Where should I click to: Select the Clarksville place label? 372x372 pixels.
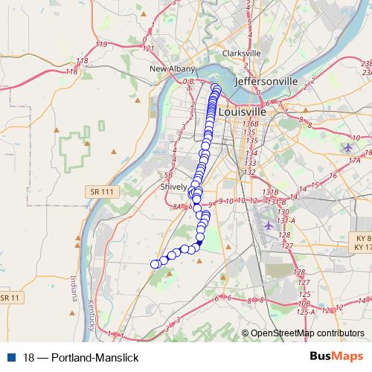[x=241, y=54]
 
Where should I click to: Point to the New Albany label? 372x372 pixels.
[x=173, y=68]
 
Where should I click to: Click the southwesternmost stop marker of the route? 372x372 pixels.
[x=155, y=264]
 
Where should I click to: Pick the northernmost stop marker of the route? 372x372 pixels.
[x=216, y=88]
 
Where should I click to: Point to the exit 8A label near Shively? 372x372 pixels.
[x=176, y=208]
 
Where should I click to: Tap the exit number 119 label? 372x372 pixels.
[x=101, y=45]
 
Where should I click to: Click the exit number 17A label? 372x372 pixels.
[x=354, y=160]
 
